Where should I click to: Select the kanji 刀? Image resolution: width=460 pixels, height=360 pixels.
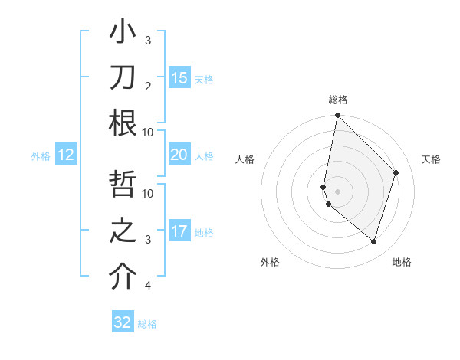(x=123, y=77)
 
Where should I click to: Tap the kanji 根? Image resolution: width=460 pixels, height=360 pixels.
(x=123, y=123)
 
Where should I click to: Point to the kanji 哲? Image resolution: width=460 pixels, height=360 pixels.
(x=123, y=187)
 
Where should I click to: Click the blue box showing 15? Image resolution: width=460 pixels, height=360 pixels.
(x=179, y=78)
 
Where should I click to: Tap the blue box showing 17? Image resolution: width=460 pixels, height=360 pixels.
(x=179, y=232)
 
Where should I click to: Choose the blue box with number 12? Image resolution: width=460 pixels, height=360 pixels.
(x=66, y=155)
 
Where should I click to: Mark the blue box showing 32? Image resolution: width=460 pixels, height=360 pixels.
(x=123, y=322)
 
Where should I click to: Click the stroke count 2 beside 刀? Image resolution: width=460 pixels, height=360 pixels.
(x=148, y=86)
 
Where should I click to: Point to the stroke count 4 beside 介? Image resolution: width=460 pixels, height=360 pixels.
(x=148, y=286)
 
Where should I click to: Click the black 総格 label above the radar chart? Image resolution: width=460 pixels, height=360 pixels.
(x=338, y=100)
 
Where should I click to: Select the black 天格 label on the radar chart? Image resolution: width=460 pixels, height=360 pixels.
(x=431, y=159)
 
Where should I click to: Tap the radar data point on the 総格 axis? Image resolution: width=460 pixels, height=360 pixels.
(x=337, y=116)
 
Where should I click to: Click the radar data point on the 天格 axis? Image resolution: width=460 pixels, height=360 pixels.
(x=396, y=172)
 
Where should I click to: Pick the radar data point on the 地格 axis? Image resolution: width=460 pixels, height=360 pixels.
(x=373, y=241)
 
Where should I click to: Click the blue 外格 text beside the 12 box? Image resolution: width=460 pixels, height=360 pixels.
(x=41, y=156)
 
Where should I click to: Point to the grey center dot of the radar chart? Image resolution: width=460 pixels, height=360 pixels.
(x=337, y=191)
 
